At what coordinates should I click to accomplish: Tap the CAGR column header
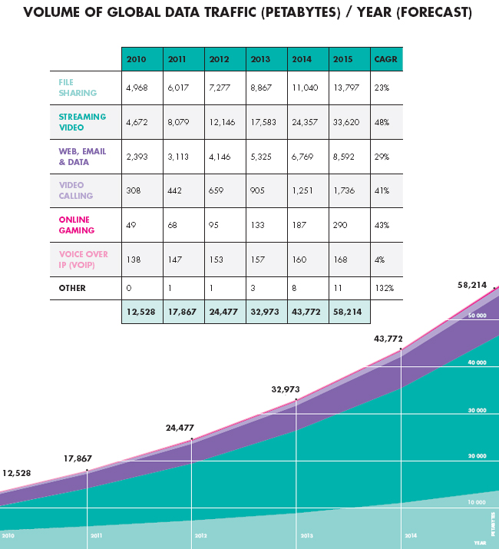(382, 59)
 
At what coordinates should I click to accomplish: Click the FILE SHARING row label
(78, 88)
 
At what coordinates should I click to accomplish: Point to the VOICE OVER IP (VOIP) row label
(83, 259)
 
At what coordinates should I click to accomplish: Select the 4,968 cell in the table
(138, 88)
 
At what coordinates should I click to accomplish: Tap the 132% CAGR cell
(383, 288)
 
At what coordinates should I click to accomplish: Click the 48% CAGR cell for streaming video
(381, 122)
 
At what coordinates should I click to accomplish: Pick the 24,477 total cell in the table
(224, 311)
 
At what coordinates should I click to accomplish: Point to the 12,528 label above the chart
(16, 473)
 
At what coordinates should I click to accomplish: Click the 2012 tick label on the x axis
(200, 536)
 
